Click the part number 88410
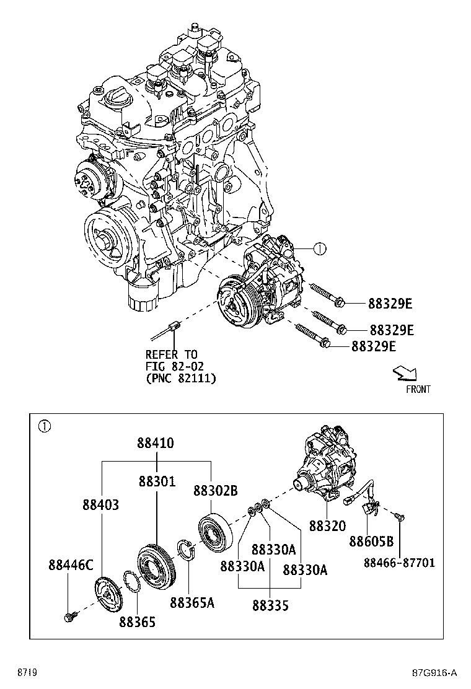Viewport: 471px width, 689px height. (156, 444)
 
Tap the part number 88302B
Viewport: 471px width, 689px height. (215, 491)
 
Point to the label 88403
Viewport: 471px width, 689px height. (100, 505)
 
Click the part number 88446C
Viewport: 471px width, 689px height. (71, 564)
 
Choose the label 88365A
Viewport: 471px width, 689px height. (192, 602)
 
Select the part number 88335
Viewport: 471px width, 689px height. (270, 605)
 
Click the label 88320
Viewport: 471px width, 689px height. (327, 525)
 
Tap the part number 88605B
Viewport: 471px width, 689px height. (371, 541)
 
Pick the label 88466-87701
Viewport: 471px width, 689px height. (399, 563)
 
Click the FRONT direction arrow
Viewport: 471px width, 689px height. (406, 374)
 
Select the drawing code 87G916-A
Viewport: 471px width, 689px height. (434, 673)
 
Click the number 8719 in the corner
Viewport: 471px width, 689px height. (26, 673)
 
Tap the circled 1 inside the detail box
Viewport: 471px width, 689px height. (43, 426)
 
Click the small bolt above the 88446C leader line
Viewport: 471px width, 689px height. (68, 616)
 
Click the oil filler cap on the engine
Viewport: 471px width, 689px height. (118, 96)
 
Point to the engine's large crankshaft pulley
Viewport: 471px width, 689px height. (105, 234)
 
